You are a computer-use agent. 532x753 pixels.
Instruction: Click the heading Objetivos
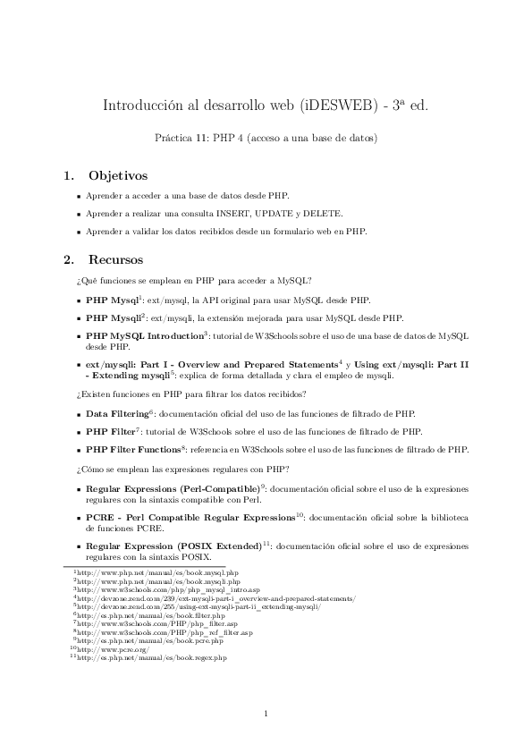click(118, 174)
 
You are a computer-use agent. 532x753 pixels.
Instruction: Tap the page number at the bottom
click(266, 713)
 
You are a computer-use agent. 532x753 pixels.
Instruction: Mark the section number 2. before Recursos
click(68, 260)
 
